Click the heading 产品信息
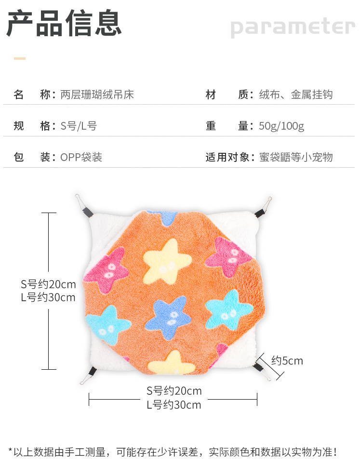pos(64,23)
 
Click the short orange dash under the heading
pos(20,58)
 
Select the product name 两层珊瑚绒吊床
pos(97,94)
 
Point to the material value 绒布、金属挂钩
pos(296,94)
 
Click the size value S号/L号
pos(79,126)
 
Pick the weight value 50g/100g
pos(281,126)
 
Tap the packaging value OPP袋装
pos(81,157)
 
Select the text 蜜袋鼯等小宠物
pos(296,157)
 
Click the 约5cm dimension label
pos(287,361)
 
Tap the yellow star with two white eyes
pos(167,261)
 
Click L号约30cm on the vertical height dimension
pos(48,297)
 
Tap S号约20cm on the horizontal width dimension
pos(174,391)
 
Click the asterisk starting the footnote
pos(10,450)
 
